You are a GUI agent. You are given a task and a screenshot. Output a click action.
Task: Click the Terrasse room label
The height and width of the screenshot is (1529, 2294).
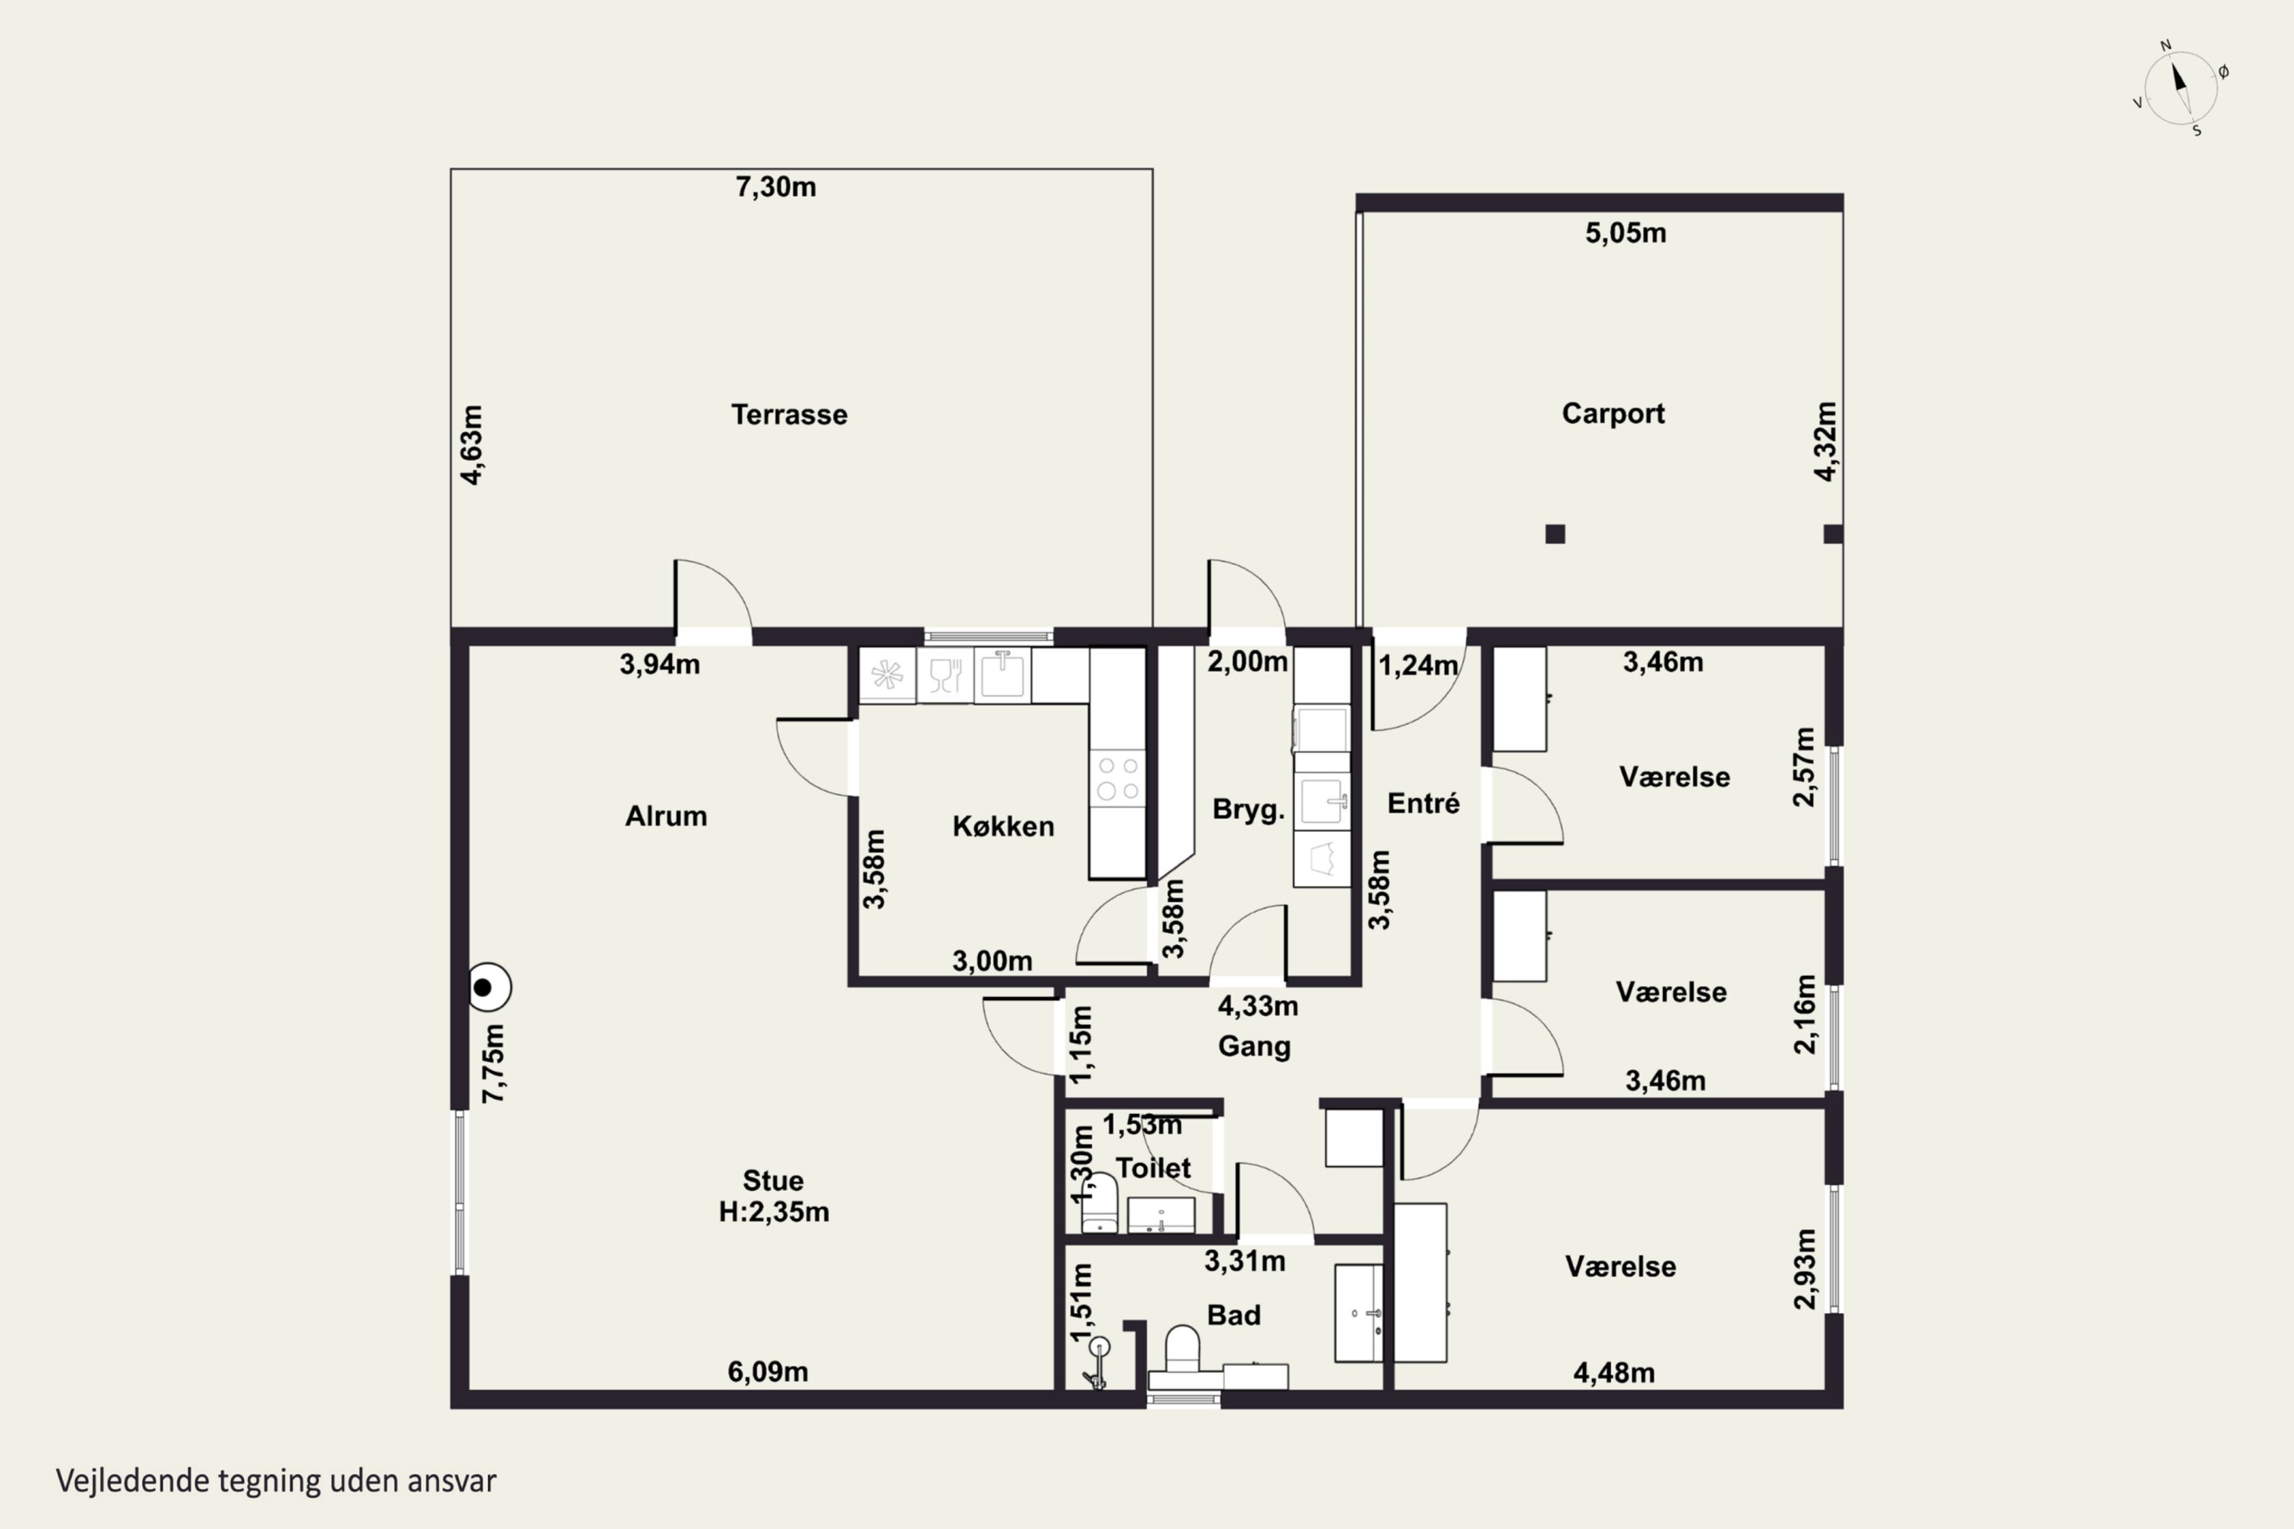[x=789, y=414]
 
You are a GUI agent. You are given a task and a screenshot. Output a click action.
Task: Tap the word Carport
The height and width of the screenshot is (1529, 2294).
[x=1613, y=414]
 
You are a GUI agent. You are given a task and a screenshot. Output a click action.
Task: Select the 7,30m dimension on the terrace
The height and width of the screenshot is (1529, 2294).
[x=775, y=187]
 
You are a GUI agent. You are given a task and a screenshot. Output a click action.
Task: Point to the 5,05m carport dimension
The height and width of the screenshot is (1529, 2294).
[x=1625, y=233]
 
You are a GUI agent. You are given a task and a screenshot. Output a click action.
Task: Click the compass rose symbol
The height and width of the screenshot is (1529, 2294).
[x=2181, y=89]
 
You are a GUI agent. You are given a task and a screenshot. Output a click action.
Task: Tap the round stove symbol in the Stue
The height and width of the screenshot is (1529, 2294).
[x=489, y=988]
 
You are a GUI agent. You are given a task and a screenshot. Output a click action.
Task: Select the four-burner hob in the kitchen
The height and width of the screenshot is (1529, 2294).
[x=1118, y=777]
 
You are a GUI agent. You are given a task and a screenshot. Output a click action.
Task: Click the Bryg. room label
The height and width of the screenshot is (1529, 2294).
[x=1247, y=810]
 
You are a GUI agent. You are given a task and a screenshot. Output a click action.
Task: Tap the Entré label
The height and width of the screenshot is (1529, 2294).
[x=1423, y=803]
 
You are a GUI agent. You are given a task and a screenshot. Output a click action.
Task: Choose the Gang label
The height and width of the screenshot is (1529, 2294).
[x=1254, y=1047]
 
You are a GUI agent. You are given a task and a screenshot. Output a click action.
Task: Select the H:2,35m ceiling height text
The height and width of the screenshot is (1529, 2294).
[x=773, y=1212]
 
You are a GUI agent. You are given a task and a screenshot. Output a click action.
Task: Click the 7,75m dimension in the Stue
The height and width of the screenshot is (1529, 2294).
[x=495, y=1064]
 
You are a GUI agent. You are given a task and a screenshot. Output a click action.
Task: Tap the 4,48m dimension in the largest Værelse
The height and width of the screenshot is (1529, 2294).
[x=1613, y=1373]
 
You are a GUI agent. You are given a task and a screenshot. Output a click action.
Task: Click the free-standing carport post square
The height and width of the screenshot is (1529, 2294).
[x=1555, y=534]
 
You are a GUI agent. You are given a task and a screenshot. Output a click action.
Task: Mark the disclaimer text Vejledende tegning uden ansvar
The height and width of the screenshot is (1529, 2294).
[x=276, y=1480]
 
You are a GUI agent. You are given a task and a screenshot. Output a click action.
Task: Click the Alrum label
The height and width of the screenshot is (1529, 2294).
[x=666, y=816]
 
